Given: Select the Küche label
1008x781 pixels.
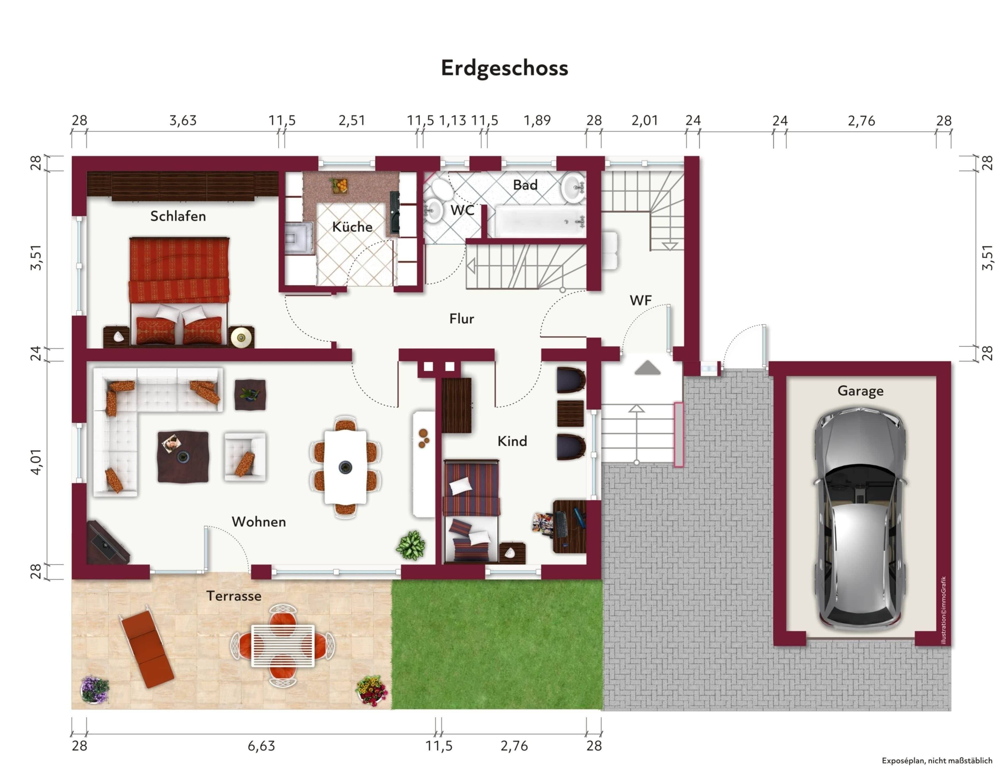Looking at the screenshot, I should click(x=352, y=227).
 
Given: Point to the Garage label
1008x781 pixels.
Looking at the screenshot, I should click(x=860, y=391).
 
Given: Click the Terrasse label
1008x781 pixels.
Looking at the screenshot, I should click(x=234, y=596).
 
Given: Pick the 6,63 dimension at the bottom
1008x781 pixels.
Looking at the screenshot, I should click(x=261, y=746).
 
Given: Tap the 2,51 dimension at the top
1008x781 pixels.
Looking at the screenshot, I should click(x=352, y=120).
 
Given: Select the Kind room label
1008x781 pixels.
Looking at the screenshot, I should click(x=512, y=441).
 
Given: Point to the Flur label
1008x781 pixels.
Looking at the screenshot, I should click(x=461, y=318).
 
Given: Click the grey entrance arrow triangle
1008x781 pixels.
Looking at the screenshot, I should click(x=648, y=368).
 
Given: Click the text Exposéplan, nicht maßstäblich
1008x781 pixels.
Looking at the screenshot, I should click(x=937, y=761).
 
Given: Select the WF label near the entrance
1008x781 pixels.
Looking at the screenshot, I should click(x=640, y=300).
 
